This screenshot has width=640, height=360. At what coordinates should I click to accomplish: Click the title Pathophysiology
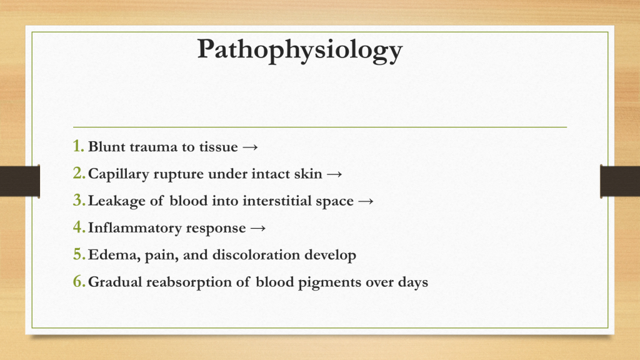(300, 50)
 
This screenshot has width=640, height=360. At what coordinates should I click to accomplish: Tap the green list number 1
(78, 146)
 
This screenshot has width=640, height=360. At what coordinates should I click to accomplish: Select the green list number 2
(79, 173)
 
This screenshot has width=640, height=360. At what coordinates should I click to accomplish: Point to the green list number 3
(79, 200)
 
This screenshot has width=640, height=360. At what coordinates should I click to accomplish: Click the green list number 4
(79, 227)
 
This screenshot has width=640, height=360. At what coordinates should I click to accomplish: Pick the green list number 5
(79, 254)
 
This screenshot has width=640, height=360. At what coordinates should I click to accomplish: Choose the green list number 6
(79, 281)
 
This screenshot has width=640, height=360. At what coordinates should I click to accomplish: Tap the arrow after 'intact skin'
(334, 174)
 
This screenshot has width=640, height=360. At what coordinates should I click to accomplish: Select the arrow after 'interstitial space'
(366, 201)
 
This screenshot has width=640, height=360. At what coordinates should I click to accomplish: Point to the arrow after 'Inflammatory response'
(258, 228)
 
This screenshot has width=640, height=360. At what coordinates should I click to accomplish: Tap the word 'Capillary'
(118, 174)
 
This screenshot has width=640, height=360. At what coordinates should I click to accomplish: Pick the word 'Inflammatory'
(135, 228)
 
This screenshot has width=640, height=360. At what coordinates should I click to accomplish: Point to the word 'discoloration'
(256, 255)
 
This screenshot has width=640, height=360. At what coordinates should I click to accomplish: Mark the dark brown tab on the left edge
(20, 181)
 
